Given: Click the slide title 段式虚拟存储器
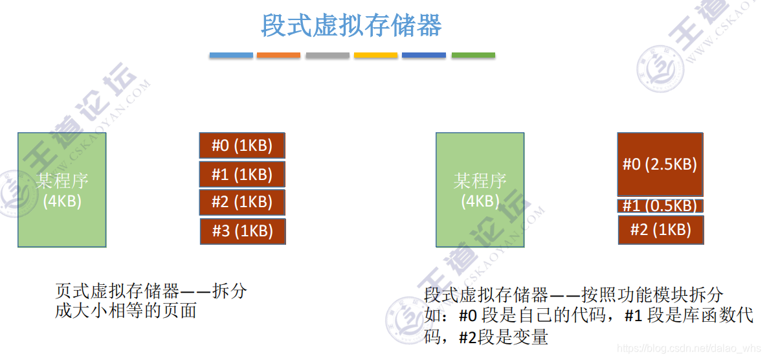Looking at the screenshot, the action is pyautogui.click(x=351, y=26).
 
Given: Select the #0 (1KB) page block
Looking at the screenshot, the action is pyautogui.click(x=241, y=145).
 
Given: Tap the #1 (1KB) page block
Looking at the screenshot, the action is pyautogui.click(x=241, y=174).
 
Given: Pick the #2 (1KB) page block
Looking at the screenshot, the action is pyautogui.click(x=241, y=203).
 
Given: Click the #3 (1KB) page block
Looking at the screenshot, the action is pyautogui.click(x=243, y=231).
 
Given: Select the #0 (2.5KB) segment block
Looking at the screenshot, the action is pyautogui.click(x=660, y=164).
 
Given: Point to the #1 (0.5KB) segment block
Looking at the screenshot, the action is pyautogui.click(x=660, y=206).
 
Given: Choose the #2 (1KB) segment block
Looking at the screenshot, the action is pyautogui.click(x=661, y=229).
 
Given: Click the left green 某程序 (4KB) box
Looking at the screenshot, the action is pyautogui.click(x=62, y=190).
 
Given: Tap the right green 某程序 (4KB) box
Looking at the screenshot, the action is pyautogui.click(x=480, y=190).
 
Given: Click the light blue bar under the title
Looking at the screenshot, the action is pyautogui.click(x=231, y=55).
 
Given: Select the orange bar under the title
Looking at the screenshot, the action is pyautogui.click(x=278, y=55).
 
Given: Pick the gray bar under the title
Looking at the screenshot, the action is pyautogui.click(x=328, y=55).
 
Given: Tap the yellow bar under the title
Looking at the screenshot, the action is pyautogui.click(x=375, y=55).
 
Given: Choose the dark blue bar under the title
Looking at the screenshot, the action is pyautogui.click(x=424, y=55).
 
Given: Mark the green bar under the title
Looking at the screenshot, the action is pyautogui.click(x=473, y=55).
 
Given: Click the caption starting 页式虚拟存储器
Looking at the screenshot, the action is pyautogui.click(x=151, y=301).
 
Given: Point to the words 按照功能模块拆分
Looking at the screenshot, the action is pyautogui.click(x=652, y=295).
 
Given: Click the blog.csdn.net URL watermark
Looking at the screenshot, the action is pyautogui.click(x=689, y=348).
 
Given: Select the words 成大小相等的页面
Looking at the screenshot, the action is pyautogui.click(x=126, y=311).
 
